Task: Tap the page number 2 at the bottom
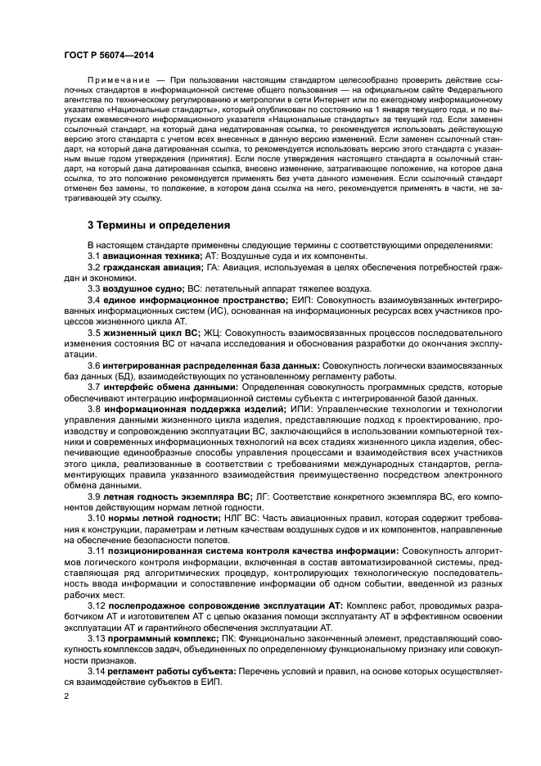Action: click(x=66, y=696)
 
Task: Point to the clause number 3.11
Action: click(x=97, y=549)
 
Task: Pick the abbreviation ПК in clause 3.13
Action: click(x=230, y=636)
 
